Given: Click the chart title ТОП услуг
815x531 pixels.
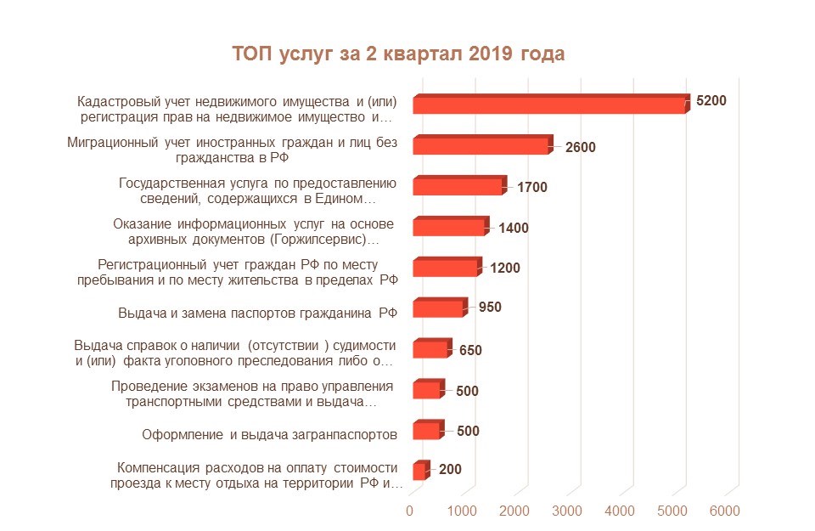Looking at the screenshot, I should tap(398, 54).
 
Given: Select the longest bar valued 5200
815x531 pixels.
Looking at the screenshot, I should tap(549, 105).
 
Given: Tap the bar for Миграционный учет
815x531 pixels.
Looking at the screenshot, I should tap(481, 145).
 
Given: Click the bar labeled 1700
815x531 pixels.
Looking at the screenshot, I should tap(458, 186).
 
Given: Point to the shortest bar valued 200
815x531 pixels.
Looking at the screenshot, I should tap(419, 472).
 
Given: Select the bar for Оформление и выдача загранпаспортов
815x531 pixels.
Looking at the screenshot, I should tap(427, 431).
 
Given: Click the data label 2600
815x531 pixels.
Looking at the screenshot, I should tap(580, 147).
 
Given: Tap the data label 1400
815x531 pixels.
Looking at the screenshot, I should tap(513, 228).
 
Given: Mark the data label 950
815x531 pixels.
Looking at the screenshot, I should tap(490, 307).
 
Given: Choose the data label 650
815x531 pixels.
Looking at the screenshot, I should tap(470, 350).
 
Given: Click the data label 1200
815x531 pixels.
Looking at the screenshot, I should tap(504, 268).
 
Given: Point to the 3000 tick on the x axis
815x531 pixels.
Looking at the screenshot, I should tap(567, 511).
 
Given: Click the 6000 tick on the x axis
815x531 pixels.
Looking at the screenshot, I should tap(724, 511).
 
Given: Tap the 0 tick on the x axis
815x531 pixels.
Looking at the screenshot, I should tap(410, 511).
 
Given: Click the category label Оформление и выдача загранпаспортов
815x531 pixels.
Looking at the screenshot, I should tap(269, 436).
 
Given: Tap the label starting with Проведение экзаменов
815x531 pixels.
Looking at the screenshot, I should tap(244, 394).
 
